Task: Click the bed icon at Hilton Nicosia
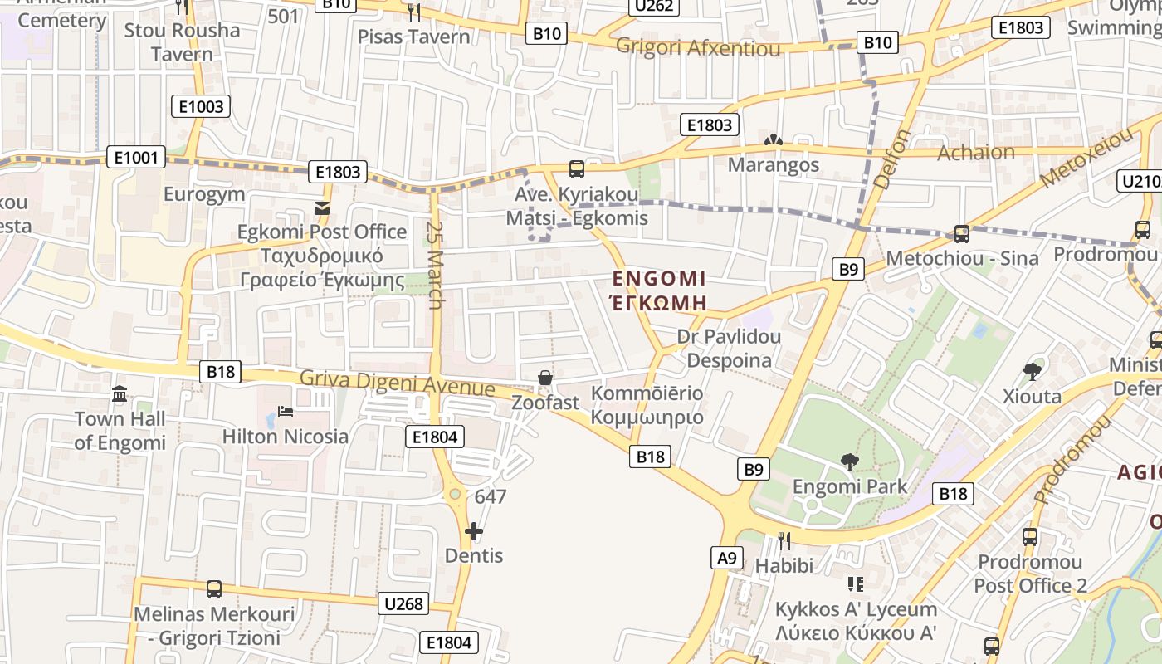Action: (x=285, y=412)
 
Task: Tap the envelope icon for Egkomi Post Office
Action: (x=322, y=207)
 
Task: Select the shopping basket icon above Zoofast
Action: (x=545, y=378)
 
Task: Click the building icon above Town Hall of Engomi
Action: (x=120, y=393)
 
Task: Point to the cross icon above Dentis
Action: (x=474, y=530)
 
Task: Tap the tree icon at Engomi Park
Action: (x=849, y=461)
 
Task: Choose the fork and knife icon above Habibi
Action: (x=784, y=541)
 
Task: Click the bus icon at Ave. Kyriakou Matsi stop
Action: (x=577, y=169)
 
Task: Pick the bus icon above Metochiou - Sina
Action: (x=962, y=233)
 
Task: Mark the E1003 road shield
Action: (x=201, y=106)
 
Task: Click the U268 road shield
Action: (x=404, y=603)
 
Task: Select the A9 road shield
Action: (x=727, y=558)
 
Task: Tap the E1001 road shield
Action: (x=136, y=157)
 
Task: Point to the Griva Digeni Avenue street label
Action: (x=397, y=383)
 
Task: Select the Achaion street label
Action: (x=975, y=153)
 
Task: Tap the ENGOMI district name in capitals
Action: (x=659, y=278)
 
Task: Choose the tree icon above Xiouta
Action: (x=1032, y=371)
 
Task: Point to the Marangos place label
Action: (x=774, y=164)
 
